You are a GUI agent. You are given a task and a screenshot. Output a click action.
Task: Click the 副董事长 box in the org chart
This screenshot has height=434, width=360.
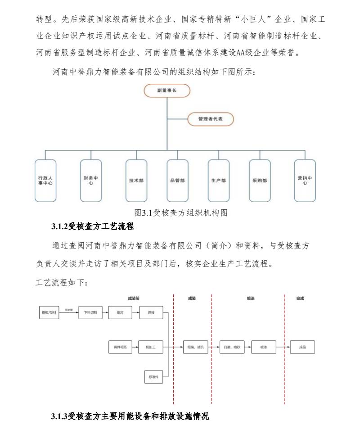click(x=167, y=90)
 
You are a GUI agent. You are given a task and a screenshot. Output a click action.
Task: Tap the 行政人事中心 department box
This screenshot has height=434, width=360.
click(x=45, y=180)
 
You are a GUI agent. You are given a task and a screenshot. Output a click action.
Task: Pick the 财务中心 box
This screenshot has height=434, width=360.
click(x=91, y=180)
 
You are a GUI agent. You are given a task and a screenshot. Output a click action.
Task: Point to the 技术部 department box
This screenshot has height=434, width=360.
click(x=136, y=180)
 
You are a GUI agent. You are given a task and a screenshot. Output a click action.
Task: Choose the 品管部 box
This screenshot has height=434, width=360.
click(x=177, y=180)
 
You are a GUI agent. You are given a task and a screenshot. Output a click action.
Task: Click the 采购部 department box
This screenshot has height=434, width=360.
click(x=260, y=180)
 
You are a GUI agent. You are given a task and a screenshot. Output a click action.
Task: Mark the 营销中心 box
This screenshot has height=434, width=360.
click(x=305, y=180)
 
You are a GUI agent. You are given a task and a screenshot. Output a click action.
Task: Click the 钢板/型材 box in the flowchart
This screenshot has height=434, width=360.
click(x=49, y=312)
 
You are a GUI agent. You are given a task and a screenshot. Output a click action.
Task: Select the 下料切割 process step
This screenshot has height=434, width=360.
click(x=90, y=312)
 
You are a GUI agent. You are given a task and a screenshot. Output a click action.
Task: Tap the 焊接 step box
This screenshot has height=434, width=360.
click(x=150, y=312)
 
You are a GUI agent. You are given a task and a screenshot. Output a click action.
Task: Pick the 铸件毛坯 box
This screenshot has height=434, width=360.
click(x=121, y=347)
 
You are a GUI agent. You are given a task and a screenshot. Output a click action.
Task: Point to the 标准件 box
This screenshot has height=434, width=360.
click(x=153, y=377)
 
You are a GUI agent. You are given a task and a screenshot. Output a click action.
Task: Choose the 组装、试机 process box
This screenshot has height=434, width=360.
click(x=196, y=347)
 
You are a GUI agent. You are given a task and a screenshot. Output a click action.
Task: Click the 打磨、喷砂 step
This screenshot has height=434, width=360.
click(x=232, y=347)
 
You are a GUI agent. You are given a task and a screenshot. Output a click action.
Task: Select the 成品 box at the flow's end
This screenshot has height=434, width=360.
click(x=302, y=347)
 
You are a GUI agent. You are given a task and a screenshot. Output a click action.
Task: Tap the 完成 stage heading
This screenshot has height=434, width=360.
click(x=300, y=298)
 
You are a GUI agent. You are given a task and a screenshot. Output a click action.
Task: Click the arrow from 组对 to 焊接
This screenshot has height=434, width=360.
click(x=135, y=312)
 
